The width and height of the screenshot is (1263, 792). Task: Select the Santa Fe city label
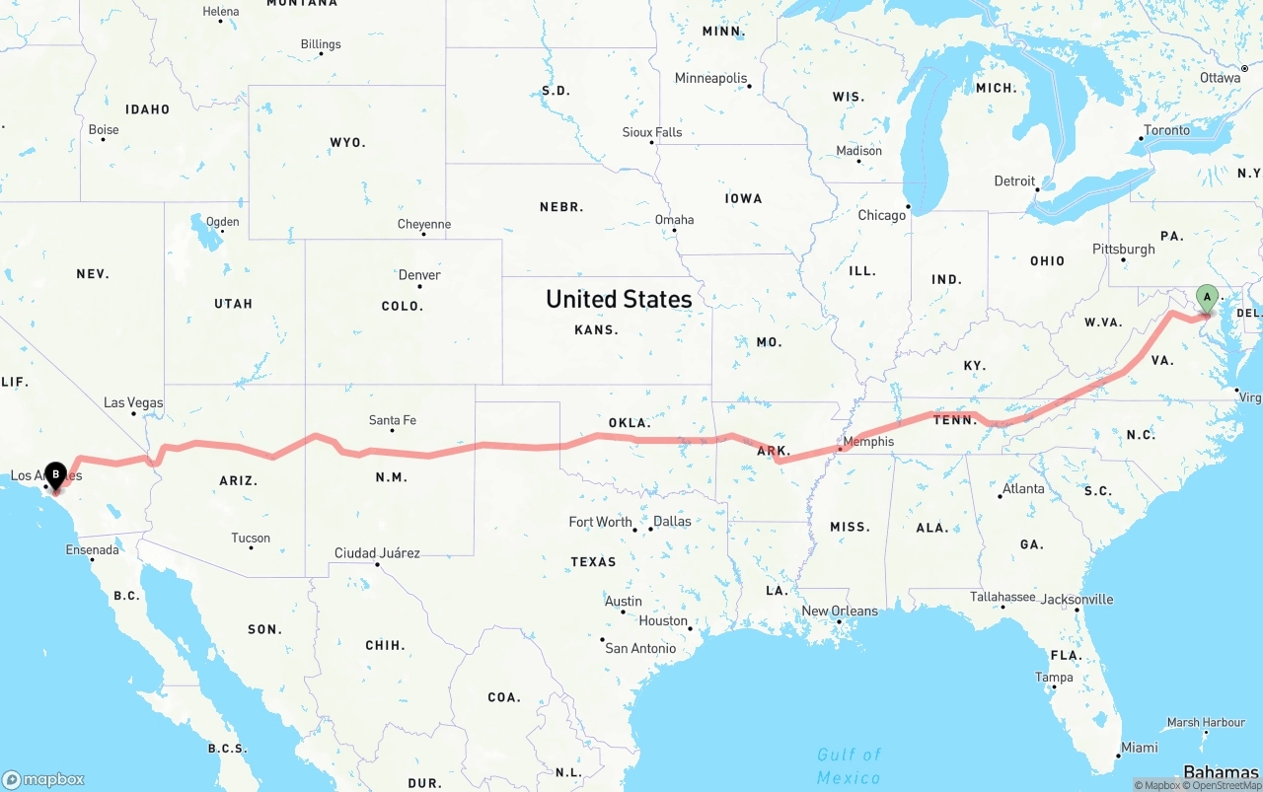point(392,420)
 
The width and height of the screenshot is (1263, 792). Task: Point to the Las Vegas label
point(133,402)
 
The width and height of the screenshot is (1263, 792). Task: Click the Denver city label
point(419,275)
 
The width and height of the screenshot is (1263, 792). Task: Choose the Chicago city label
point(881,215)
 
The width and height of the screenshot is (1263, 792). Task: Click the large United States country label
point(619,299)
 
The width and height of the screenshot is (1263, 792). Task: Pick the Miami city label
point(1139,748)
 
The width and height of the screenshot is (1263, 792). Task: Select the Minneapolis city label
point(710,78)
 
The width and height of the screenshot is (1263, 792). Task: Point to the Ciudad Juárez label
point(377,553)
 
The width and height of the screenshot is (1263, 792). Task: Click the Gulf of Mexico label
point(849,766)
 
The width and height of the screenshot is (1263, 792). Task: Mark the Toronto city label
point(1166,130)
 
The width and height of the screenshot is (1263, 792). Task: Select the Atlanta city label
point(1023,488)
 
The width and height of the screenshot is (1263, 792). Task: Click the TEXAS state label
point(593,562)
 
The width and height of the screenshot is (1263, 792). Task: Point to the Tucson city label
point(251,538)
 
